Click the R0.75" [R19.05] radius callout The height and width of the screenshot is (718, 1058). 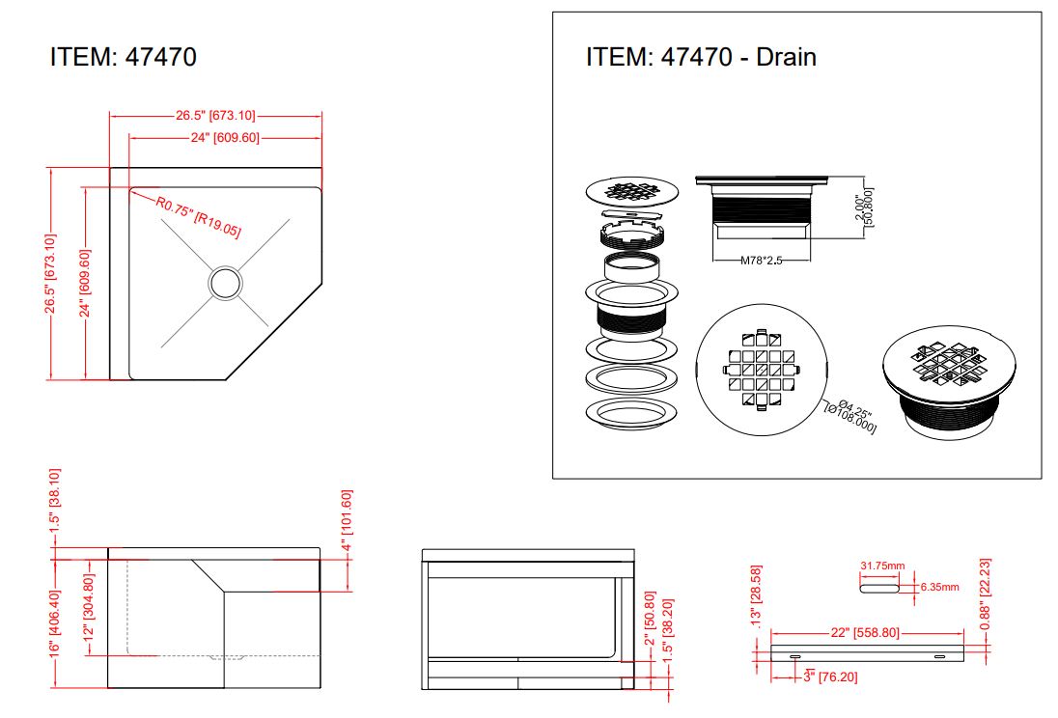click(x=199, y=216)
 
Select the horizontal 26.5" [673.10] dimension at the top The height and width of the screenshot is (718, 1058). click(x=216, y=116)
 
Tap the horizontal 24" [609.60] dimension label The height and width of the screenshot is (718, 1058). click(x=225, y=138)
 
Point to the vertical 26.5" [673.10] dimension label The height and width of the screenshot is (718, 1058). click(x=50, y=274)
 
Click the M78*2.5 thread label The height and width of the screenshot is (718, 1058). click(x=761, y=261)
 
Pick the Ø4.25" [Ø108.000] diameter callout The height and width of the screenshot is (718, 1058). click(x=851, y=415)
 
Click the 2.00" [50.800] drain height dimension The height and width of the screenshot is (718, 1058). click(x=864, y=207)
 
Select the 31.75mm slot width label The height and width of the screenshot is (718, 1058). click(x=882, y=566)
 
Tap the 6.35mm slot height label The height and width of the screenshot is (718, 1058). click(x=939, y=587)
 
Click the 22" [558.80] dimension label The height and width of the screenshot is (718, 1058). click(x=865, y=633)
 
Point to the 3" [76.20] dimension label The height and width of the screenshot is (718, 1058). click(x=830, y=677)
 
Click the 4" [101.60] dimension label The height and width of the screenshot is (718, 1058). click(x=347, y=520)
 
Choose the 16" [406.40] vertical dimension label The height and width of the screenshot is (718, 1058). click(x=55, y=622)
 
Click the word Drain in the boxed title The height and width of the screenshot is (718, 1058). click(x=786, y=57)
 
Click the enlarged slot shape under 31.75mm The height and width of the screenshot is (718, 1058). click(x=879, y=589)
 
